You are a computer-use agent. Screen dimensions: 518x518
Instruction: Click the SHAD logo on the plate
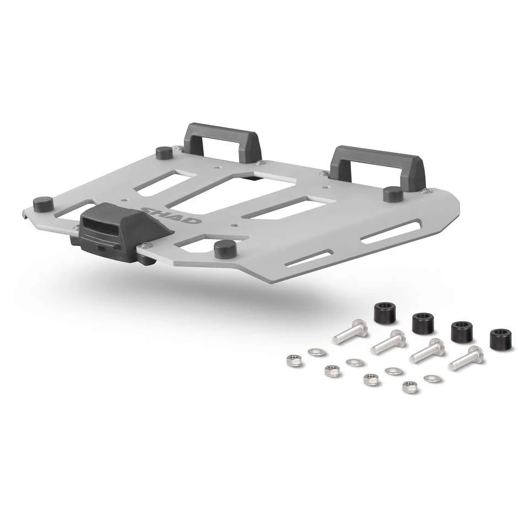click(171, 215)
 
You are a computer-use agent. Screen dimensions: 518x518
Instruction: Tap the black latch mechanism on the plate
click(121, 231)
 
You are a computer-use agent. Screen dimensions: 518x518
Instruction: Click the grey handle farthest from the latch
click(380, 167)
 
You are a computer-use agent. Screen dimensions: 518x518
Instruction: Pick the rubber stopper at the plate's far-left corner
click(44, 205)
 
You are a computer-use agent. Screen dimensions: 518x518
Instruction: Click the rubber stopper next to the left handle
click(164, 153)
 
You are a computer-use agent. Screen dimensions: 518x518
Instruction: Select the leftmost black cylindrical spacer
click(385, 313)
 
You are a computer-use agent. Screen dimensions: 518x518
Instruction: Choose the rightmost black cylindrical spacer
click(501, 339)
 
